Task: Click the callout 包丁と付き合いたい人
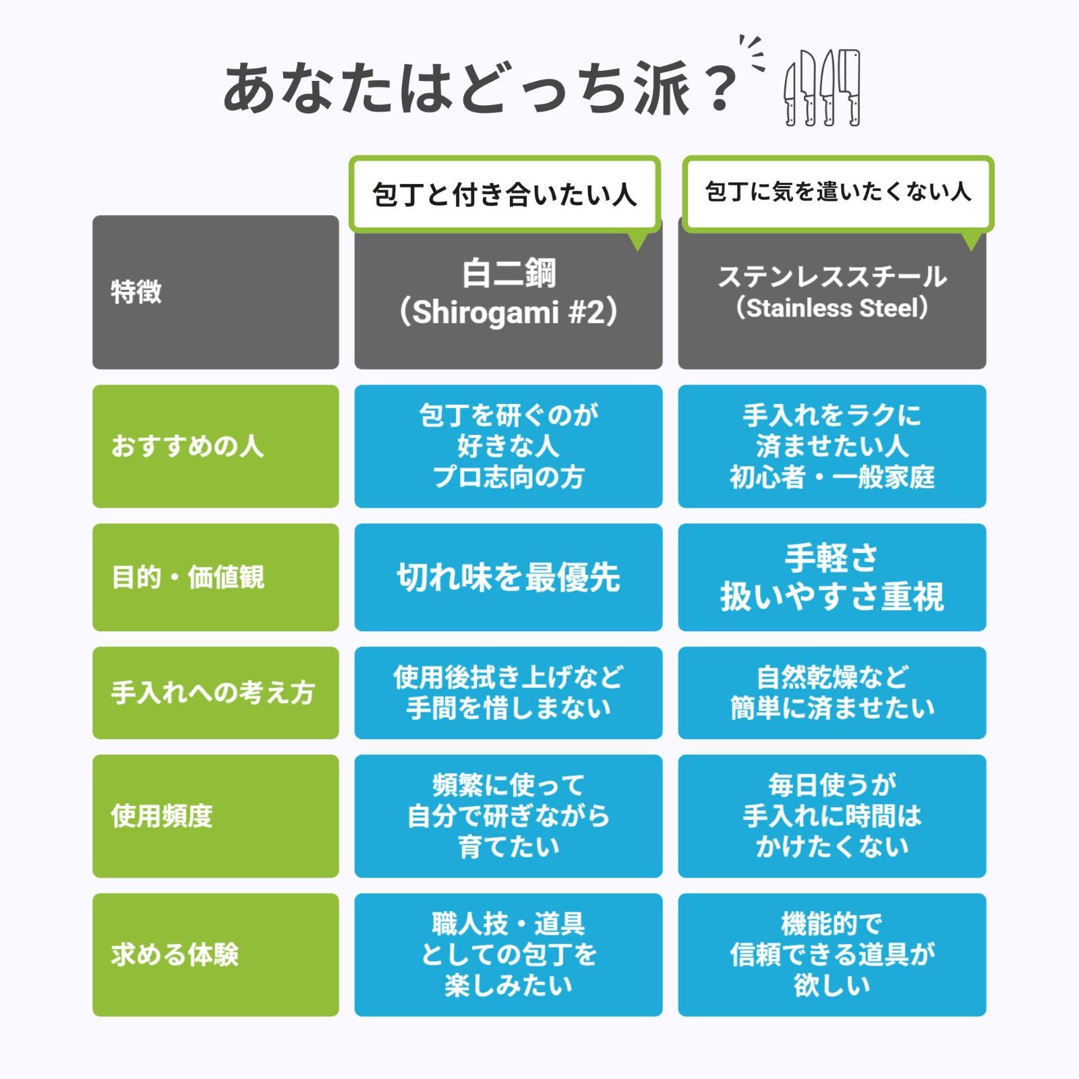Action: click(x=504, y=194)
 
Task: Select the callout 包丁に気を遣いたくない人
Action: click(x=838, y=193)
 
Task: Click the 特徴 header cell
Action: click(x=216, y=292)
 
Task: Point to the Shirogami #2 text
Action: click(x=508, y=312)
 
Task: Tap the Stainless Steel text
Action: click(x=832, y=308)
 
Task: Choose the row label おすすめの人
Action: click(x=216, y=446)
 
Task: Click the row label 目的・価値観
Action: click(x=216, y=577)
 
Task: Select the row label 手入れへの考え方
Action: click(x=216, y=693)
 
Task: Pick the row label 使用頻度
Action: click(x=216, y=816)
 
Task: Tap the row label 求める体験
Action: click(x=216, y=955)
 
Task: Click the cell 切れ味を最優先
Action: click(x=508, y=577)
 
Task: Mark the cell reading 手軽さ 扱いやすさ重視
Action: click(x=832, y=577)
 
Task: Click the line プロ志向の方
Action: click(x=508, y=477)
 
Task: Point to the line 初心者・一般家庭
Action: click(x=832, y=477)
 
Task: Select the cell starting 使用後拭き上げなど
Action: click(x=508, y=693)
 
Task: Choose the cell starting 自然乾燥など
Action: click(x=832, y=693)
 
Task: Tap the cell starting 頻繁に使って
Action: click(x=508, y=816)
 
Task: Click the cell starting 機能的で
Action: click(x=832, y=955)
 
